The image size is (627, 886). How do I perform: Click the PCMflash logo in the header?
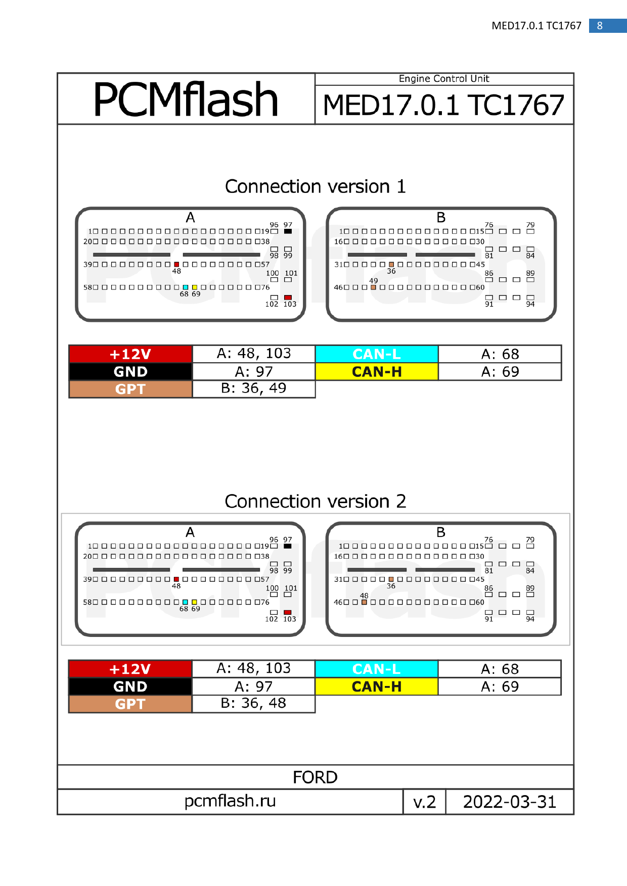186,100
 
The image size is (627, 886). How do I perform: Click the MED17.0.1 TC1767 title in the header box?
443,105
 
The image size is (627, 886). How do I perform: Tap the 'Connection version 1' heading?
315,186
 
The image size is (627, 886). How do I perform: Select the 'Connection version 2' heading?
315,501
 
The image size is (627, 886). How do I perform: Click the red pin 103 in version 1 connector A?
288,298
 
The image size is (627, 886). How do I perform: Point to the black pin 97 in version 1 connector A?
288,231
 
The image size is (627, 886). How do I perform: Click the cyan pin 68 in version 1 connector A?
186,287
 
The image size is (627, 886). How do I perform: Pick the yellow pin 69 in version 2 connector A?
194,602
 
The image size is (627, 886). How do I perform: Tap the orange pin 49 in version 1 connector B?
373,287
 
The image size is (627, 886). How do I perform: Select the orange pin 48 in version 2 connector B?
364,602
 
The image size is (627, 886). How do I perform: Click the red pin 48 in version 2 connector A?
176,579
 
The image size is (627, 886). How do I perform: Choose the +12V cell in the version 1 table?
130,354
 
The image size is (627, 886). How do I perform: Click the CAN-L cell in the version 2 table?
376,669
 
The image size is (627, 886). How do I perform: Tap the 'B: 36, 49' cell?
254,388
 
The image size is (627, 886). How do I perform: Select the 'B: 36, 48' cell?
253,703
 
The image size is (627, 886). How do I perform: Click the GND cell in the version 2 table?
130,686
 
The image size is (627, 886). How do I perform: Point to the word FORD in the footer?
315,777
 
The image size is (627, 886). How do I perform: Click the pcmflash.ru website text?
230,801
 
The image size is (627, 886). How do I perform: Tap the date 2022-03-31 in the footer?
510,802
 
